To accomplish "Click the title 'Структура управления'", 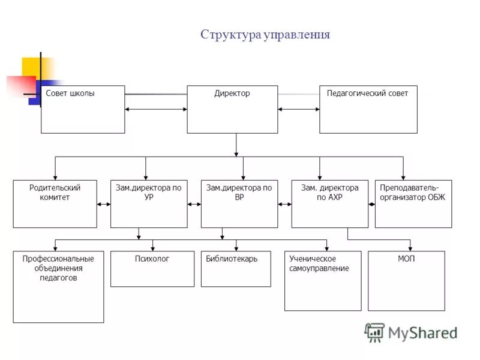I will click(x=265, y=34).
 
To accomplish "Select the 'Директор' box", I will click(x=232, y=109).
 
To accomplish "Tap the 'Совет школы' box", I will click(x=83, y=109).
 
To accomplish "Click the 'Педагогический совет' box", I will click(x=368, y=109).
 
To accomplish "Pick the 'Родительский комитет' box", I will click(x=55, y=204).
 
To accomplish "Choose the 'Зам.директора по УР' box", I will click(x=149, y=204).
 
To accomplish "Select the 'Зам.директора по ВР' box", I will click(x=239, y=204).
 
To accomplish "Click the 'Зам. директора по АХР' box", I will click(x=330, y=204).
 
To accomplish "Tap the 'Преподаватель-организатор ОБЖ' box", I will click(x=413, y=204).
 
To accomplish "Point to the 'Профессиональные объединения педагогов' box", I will click(x=58, y=287).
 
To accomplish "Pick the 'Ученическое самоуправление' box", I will click(x=323, y=281).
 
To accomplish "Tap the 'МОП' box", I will click(x=406, y=281).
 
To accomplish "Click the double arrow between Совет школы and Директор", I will click(x=156, y=109).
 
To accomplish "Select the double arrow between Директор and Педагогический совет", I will click(x=298, y=109).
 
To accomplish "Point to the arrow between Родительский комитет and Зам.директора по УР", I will click(x=104, y=205).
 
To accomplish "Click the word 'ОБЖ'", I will click(x=434, y=197).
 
